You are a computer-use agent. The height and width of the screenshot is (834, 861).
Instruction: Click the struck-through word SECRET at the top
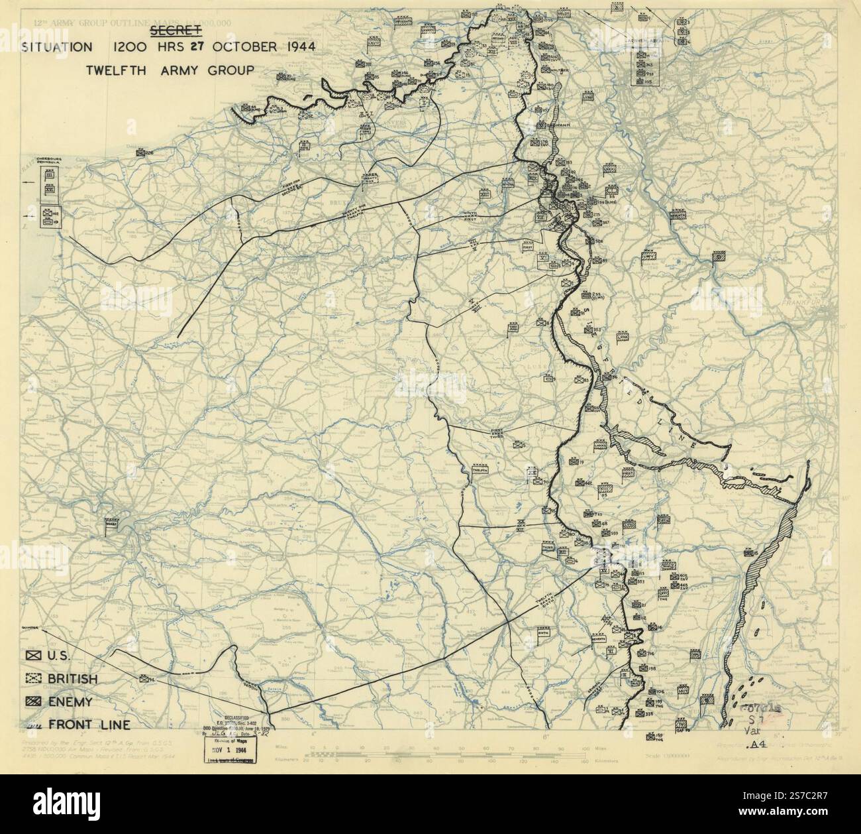tap(176, 30)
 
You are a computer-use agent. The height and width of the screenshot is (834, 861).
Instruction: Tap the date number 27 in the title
tap(198, 47)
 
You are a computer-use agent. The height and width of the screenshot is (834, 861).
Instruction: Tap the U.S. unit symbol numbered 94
tap(144, 678)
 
